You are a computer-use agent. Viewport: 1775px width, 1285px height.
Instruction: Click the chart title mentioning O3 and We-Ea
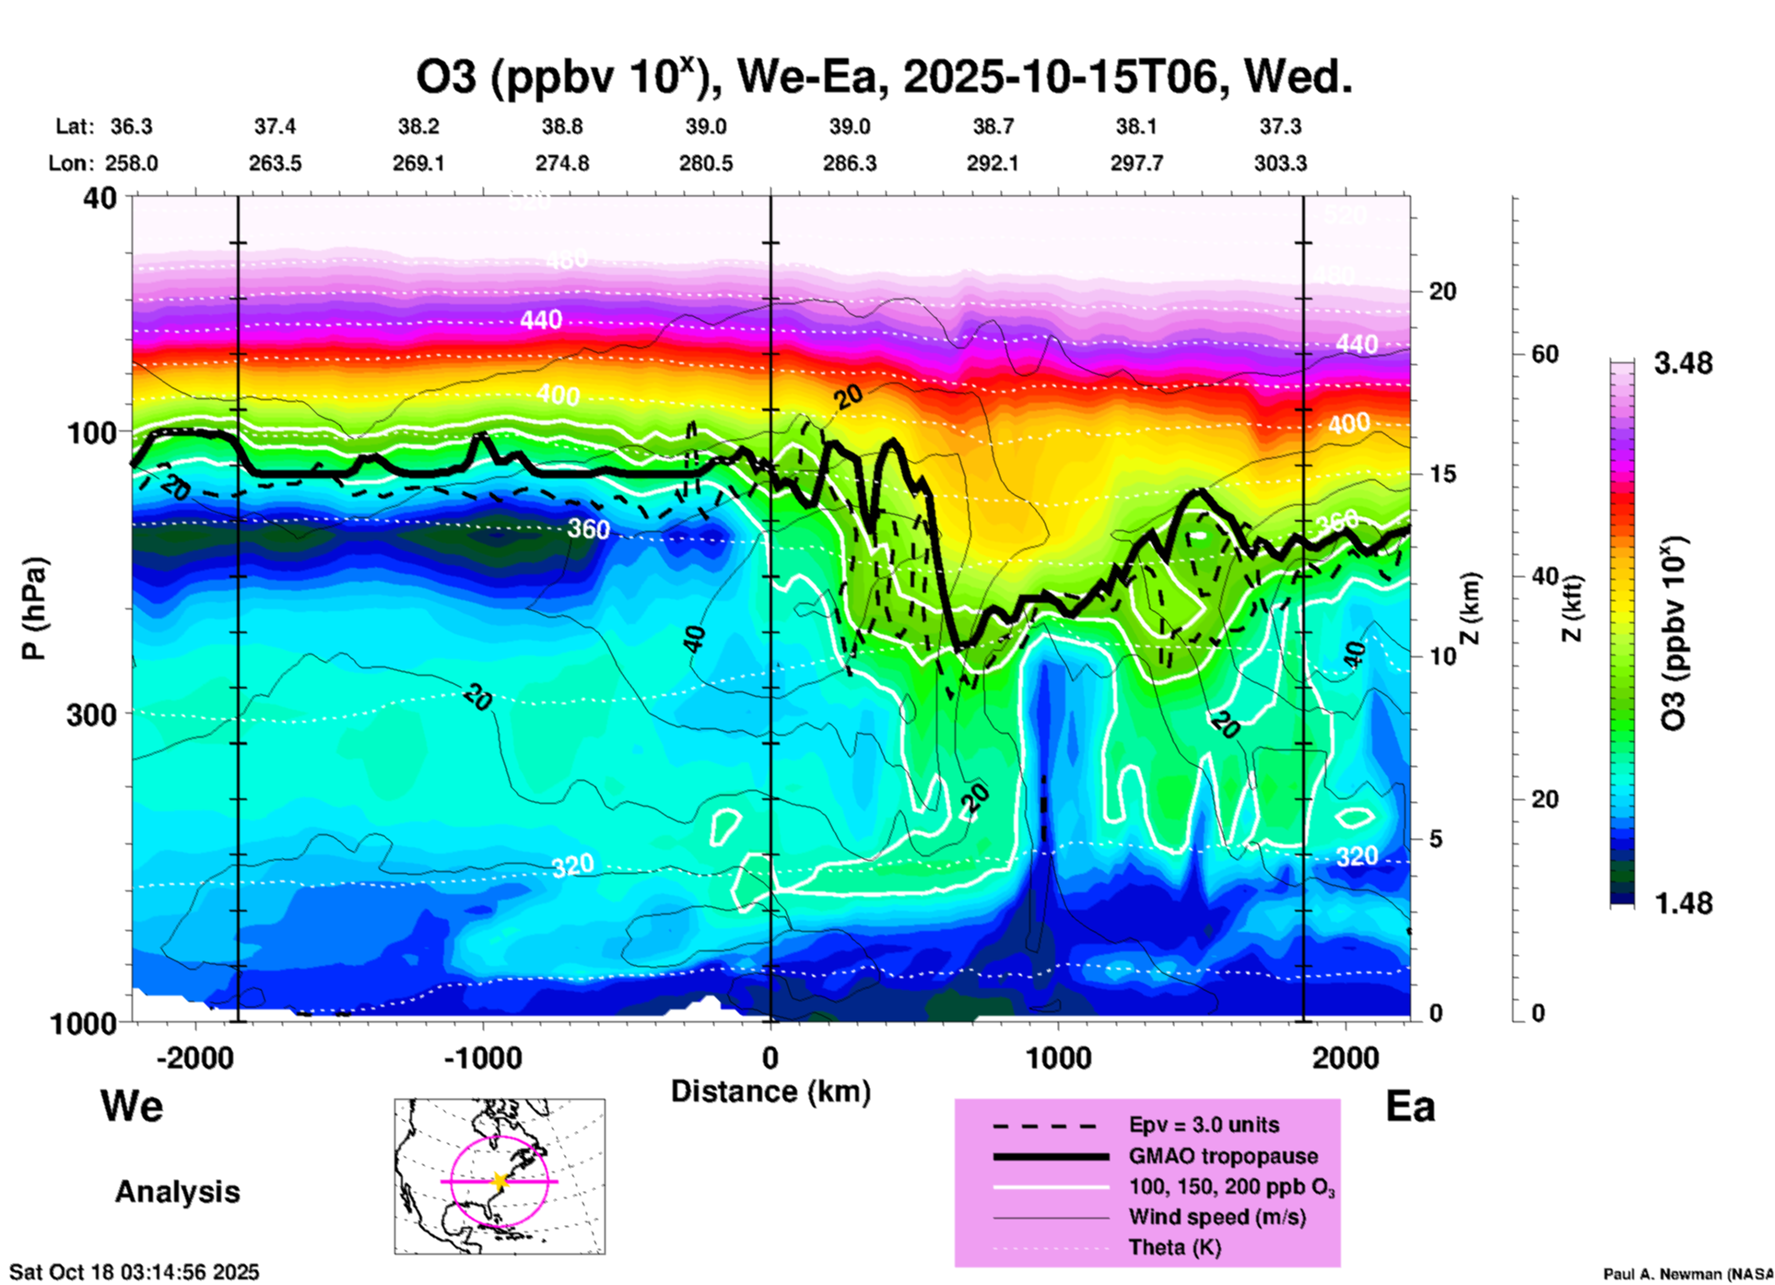pos(884,77)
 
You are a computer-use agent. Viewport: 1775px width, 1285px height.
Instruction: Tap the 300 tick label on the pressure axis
pos(92,713)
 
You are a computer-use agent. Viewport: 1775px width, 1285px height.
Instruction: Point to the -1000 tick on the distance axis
pos(483,1057)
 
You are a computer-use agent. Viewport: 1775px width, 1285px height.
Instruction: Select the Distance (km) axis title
pos(770,1091)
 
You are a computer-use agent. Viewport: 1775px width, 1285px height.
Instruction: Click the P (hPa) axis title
pos(33,608)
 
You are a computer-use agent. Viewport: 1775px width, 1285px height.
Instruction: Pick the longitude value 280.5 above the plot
pos(706,163)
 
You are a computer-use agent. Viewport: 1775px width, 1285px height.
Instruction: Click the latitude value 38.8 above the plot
pos(562,126)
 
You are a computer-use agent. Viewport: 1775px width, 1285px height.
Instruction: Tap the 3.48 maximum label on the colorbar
pos(1683,364)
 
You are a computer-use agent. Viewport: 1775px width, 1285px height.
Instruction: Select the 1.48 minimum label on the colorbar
pos(1683,903)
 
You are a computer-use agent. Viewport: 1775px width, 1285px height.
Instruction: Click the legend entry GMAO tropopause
pos(1223,1156)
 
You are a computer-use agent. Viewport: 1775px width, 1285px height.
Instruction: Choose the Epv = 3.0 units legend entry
pos(1204,1125)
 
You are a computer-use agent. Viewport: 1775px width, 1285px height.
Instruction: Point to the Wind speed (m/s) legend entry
pos(1217,1217)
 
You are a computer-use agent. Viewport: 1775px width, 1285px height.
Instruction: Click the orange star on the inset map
pos(500,1181)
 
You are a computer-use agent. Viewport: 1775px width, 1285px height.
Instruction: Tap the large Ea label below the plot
pos(1410,1107)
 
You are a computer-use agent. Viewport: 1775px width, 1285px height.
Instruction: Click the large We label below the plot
pos(132,1105)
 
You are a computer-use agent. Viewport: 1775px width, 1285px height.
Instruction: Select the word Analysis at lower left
pos(177,1192)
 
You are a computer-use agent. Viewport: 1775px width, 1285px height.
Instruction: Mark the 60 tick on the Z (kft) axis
pos(1545,354)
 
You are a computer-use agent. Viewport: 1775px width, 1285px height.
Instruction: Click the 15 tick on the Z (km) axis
pos(1442,474)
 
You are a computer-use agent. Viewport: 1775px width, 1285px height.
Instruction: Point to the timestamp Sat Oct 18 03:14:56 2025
pos(135,1272)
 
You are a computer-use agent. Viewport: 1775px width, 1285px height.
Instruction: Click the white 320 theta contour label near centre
pos(572,866)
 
